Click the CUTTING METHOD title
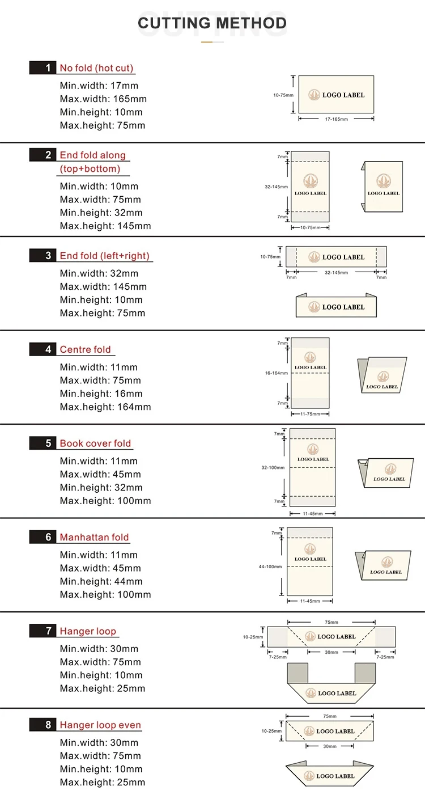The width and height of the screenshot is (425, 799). (x=212, y=23)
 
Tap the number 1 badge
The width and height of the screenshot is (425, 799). (x=48, y=68)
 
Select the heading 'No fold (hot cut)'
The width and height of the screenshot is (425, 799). (x=96, y=68)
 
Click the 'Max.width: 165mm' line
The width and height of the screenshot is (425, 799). (x=103, y=99)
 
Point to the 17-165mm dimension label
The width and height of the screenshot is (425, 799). (x=336, y=119)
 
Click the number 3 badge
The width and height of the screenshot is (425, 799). (x=48, y=256)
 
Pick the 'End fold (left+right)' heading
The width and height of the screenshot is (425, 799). (x=105, y=256)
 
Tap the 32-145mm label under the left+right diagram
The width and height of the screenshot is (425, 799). (x=336, y=273)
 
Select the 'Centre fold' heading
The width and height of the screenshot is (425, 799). (x=86, y=349)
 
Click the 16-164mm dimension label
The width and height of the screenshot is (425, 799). (x=277, y=373)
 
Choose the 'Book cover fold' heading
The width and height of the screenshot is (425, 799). (x=95, y=443)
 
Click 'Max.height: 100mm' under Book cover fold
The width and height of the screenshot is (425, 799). (x=105, y=501)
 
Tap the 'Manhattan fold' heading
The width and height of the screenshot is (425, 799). (x=94, y=537)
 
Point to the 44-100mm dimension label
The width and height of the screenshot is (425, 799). (x=270, y=567)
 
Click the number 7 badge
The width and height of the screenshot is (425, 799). (x=48, y=631)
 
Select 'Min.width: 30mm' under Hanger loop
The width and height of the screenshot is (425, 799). (x=99, y=649)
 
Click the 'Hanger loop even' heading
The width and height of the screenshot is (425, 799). (x=100, y=725)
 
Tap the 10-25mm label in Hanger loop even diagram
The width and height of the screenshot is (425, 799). (x=271, y=731)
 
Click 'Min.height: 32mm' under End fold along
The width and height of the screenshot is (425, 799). (x=101, y=213)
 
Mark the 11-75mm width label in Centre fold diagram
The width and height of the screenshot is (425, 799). (x=309, y=414)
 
